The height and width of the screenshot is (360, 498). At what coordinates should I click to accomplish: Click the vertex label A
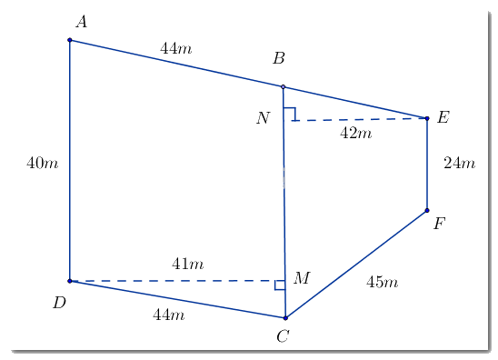tap(81, 22)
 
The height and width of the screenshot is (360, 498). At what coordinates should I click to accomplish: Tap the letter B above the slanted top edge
tap(279, 59)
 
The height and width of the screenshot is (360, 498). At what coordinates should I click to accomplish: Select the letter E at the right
tap(443, 117)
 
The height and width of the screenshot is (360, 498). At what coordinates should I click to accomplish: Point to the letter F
tap(439, 223)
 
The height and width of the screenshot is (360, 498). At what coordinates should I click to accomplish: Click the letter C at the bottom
tap(283, 337)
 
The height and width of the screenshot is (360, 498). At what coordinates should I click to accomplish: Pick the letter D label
tap(59, 303)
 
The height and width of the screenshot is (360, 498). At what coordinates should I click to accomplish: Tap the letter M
tap(303, 277)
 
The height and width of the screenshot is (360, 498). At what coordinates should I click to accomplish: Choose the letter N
tap(263, 117)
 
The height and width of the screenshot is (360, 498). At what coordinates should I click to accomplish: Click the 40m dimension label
tap(42, 164)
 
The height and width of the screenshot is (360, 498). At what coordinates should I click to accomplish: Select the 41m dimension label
tap(187, 265)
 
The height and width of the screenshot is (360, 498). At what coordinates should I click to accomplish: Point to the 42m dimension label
tap(355, 134)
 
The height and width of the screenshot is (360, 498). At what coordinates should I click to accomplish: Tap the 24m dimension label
tap(459, 164)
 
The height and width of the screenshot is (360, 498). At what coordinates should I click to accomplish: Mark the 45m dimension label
tap(382, 282)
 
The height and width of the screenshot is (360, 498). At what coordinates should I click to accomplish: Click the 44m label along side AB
tap(175, 48)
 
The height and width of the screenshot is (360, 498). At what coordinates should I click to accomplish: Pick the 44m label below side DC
tap(168, 315)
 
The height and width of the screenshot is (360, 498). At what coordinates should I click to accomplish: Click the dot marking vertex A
tap(70, 40)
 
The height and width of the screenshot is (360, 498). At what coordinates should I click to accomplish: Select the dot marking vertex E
tap(427, 118)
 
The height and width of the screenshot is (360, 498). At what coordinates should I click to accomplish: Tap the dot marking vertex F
tap(427, 211)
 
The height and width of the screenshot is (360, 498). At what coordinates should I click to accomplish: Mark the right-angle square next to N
tap(289, 114)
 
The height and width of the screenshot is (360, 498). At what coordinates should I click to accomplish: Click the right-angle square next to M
tap(280, 285)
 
